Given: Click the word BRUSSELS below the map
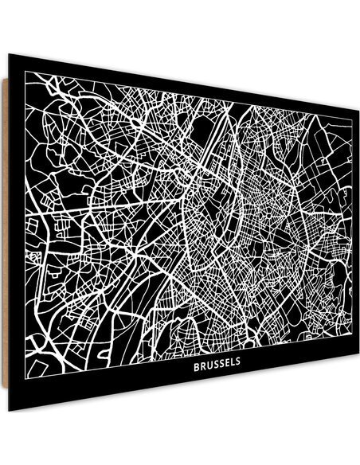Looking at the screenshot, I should pos(217,368).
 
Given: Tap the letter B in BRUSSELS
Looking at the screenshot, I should pos(197,368).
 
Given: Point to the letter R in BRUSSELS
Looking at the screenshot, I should pos(202,368).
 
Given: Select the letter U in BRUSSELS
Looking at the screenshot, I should pos(209,368).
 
